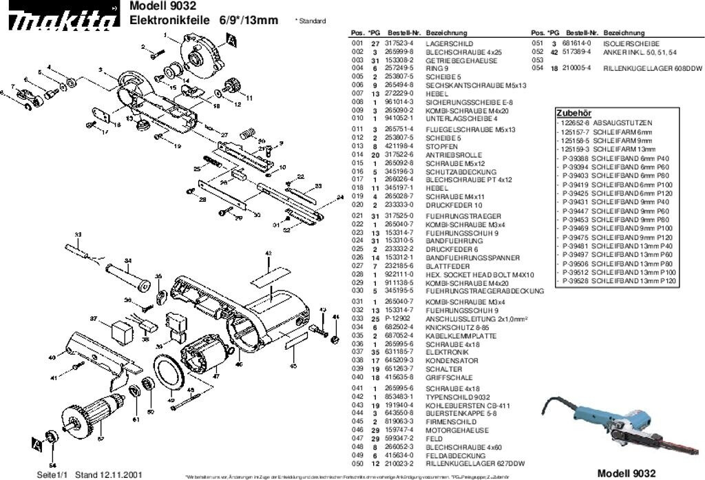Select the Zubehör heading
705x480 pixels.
click(x=573, y=113)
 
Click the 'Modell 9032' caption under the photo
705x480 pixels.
click(x=626, y=472)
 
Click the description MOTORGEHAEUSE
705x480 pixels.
click(x=452, y=430)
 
